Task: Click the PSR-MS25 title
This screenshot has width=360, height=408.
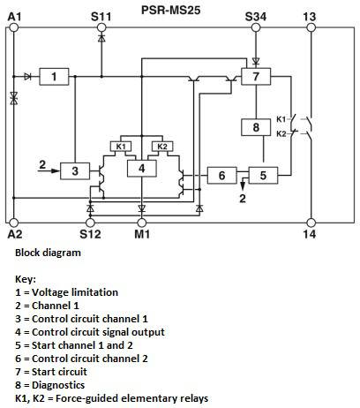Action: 171,10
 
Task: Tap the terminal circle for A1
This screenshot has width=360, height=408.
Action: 13,27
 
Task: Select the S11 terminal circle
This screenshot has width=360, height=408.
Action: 101,27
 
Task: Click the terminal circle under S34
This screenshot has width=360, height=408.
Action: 256,27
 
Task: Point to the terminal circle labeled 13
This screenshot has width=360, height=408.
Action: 311,27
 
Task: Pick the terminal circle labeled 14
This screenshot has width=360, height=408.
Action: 311,223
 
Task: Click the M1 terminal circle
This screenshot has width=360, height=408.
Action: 142,223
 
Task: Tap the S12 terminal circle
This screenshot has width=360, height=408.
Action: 90,223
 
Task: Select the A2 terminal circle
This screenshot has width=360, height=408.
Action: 13,223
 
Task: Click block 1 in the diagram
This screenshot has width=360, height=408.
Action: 54,77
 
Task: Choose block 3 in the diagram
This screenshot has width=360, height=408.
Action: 75,170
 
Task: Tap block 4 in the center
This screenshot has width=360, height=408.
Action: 142,169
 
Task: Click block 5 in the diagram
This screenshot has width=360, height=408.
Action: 263,176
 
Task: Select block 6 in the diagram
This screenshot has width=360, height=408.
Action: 222,176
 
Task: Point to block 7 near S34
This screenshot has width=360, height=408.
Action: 256,77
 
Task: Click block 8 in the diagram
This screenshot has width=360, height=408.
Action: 256,127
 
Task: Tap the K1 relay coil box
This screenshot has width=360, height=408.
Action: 121,147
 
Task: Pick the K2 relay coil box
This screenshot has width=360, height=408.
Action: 162,147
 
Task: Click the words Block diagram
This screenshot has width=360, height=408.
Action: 48,253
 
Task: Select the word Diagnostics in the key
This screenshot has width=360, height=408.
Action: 58,385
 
